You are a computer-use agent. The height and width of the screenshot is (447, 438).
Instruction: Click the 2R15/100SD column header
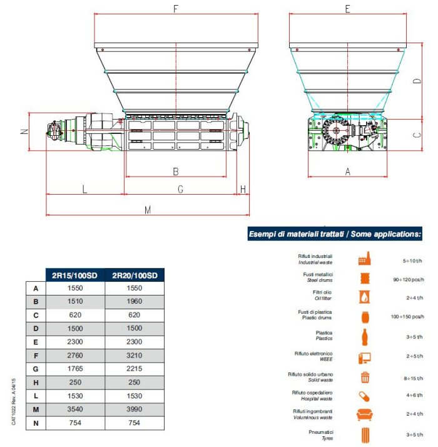point(74,275)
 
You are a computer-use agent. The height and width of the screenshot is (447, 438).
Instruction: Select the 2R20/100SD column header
point(135,275)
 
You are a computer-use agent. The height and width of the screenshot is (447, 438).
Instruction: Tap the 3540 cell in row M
point(75,409)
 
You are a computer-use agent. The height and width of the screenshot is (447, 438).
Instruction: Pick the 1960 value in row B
point(135,301)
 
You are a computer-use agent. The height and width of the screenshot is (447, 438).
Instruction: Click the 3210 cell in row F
point(135,356)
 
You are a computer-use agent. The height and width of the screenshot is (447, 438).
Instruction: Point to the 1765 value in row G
point(75,369)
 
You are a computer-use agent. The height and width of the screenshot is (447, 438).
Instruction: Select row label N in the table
point(36,423)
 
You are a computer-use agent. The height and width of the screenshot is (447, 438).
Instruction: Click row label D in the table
point(36,329)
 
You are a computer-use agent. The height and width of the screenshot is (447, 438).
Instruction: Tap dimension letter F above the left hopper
point(176,9)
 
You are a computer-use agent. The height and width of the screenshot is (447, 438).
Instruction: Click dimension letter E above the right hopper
point(347,9)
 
